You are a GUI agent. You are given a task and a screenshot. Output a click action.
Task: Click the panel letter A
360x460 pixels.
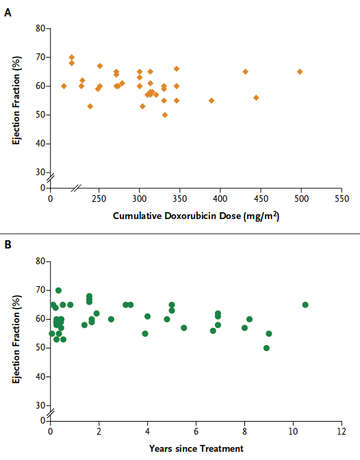click(x=8, y=12)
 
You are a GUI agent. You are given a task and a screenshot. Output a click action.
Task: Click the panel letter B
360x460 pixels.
click(x=8, y=244)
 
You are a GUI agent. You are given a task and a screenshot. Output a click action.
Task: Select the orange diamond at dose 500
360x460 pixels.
click(x=300, y=72)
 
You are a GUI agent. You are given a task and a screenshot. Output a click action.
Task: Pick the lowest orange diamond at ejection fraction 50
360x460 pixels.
click(x=165, y=115)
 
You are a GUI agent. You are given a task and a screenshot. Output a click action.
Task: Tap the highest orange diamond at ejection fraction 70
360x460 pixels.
click(x=72, y=57)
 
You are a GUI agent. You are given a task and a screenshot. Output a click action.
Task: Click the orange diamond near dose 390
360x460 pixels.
click(x=211, y=101)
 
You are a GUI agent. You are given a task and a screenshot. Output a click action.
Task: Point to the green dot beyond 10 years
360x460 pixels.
click(x=305, y=305)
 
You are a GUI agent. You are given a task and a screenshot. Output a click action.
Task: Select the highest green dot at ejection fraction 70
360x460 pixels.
click(x=58, y=290)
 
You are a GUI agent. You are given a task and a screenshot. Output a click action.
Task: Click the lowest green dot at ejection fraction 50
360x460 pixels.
click(x=266, y=348)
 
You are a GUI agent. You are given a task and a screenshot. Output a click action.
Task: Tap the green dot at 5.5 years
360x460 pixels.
click(x=183, y=328)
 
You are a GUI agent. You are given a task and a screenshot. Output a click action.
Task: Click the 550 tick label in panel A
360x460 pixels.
click(x=342, y=199)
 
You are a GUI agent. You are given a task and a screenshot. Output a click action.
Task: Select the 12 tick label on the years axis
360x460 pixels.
click(x=342, y=431)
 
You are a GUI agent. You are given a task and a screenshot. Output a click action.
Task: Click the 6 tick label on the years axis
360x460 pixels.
click(x=196, y=431)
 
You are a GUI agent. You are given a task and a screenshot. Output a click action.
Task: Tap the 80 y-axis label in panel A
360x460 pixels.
click(x=40, y=29)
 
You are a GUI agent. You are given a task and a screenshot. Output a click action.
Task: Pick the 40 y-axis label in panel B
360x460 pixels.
click(x=40, y=376)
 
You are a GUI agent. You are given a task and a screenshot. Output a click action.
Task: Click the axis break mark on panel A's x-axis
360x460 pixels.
click(x=76, y=188)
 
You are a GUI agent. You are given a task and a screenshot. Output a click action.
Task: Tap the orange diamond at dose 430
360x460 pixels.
click(x=246, y=72)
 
